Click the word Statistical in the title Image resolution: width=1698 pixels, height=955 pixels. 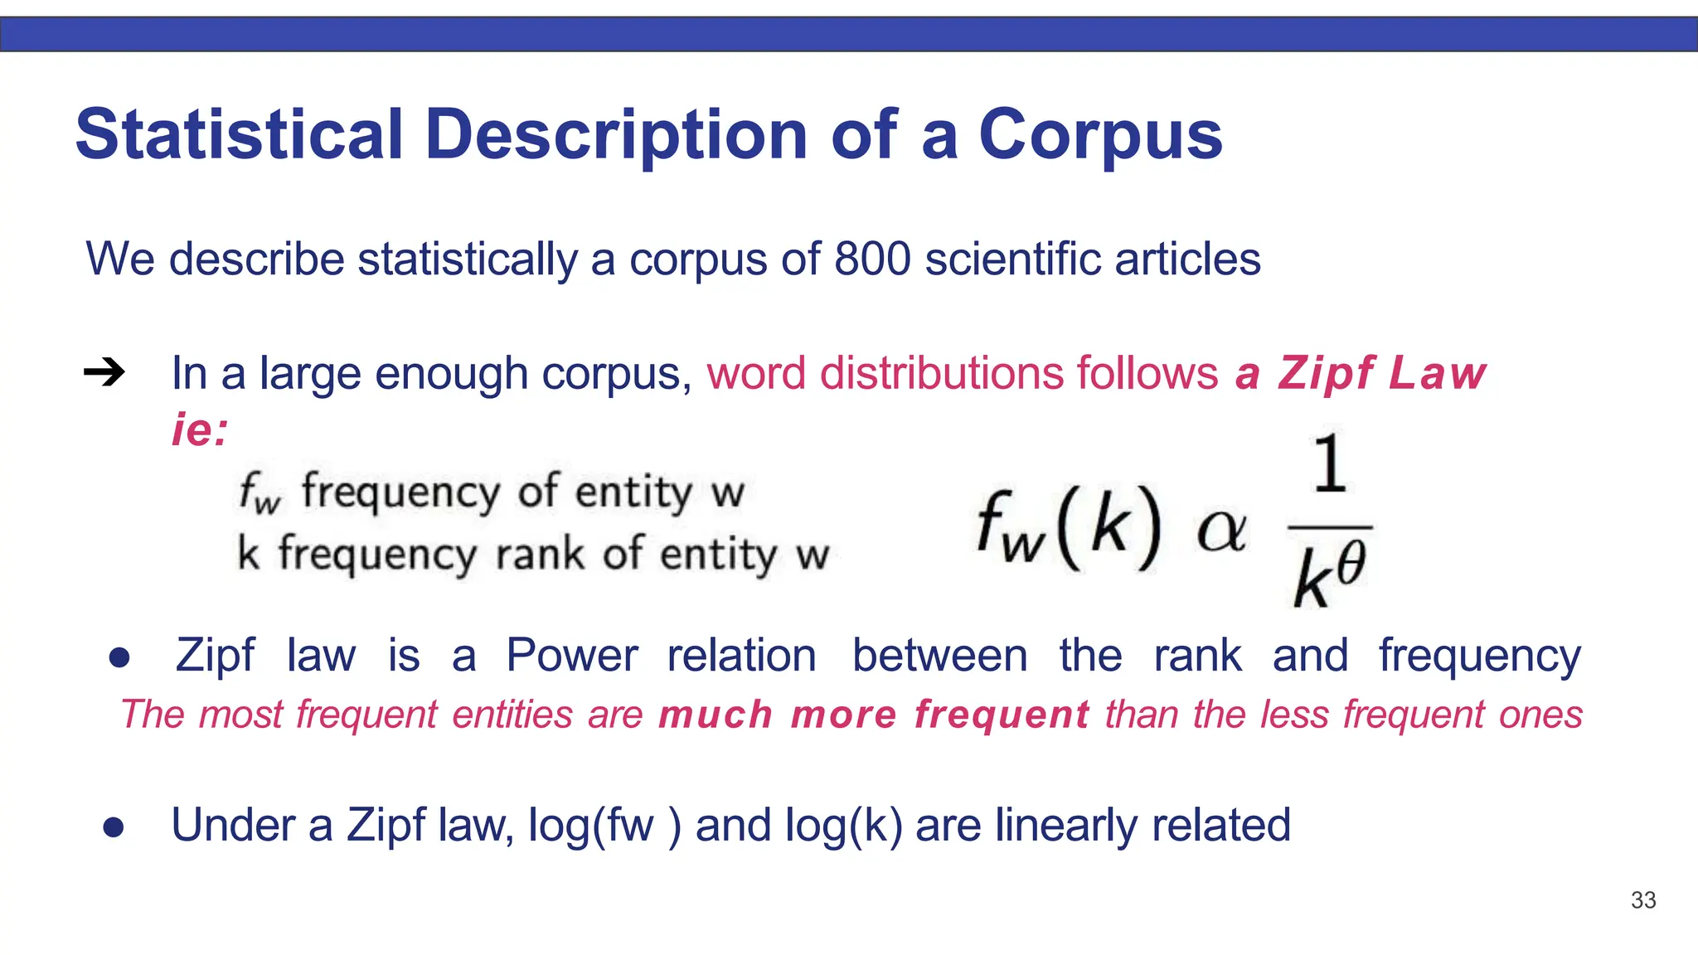[x=239, y=135]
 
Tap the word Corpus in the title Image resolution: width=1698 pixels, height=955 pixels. [x=1100, y=135]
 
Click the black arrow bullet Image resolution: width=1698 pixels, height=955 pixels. [x=104, y=373]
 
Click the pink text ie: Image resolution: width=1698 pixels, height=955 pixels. [x=200, y=429]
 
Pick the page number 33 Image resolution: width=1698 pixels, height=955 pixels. [x=1642, y=900]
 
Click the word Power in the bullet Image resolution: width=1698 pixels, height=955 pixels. [x=572, y=656]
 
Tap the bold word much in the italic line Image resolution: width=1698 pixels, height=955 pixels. [x=716, y=715]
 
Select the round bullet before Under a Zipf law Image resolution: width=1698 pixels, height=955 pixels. [x=114, y=827]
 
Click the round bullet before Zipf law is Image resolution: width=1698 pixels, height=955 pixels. [x=119, y=657]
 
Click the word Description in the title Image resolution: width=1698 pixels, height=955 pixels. [x=616, y=135]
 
